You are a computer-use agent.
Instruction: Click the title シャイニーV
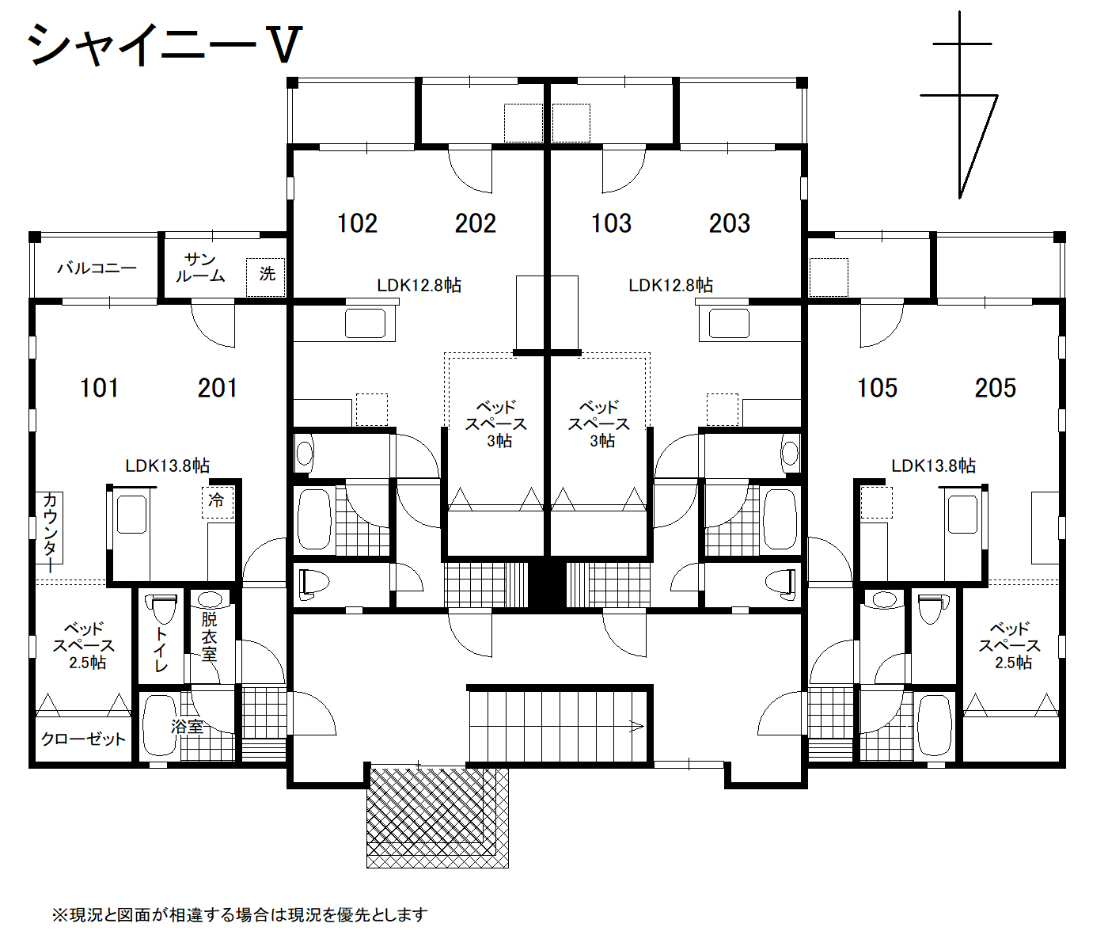tap(165, 45)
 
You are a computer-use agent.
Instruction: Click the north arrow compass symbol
tap(959, 105)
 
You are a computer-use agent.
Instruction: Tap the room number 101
tap(99, 388)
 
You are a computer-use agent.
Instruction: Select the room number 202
tap(476, 223)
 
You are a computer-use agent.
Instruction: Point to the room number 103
tap(611, 223)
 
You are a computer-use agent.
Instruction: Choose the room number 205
tap(996, 388)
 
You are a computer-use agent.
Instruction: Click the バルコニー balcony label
tap(97, 268)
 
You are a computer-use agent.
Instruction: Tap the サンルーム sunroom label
tap(200, 268)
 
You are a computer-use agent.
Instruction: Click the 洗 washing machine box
tap(265, 277)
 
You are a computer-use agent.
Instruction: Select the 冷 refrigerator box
tap(218, 502)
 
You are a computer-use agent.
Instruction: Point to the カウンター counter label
tap(50, 533)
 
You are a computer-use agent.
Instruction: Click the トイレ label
tap(161, 650)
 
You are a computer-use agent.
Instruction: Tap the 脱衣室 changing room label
tap(209, 636)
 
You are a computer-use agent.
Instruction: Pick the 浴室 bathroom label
tap(187, 727)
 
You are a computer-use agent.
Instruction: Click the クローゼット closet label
tap(83, 739)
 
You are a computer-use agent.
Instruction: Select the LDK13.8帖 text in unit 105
tap(933, 465)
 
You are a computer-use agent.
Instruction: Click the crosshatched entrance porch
tap(438, 817)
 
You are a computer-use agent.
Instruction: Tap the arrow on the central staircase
tap(636, 727)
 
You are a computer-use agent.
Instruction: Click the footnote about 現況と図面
tap(240, 914)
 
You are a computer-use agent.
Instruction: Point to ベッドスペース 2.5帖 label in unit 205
tap(1010, 646)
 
